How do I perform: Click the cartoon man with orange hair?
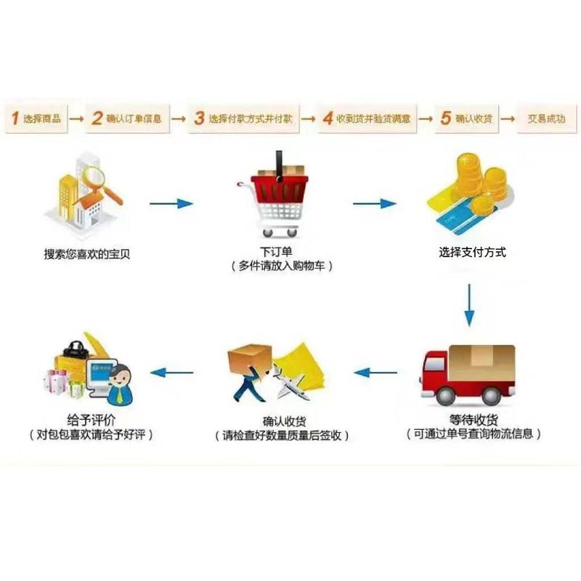121,381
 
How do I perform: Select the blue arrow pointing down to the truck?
470,305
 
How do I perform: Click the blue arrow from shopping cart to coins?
375,203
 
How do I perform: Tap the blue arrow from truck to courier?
375,373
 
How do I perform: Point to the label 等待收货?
472,419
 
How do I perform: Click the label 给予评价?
91,420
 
